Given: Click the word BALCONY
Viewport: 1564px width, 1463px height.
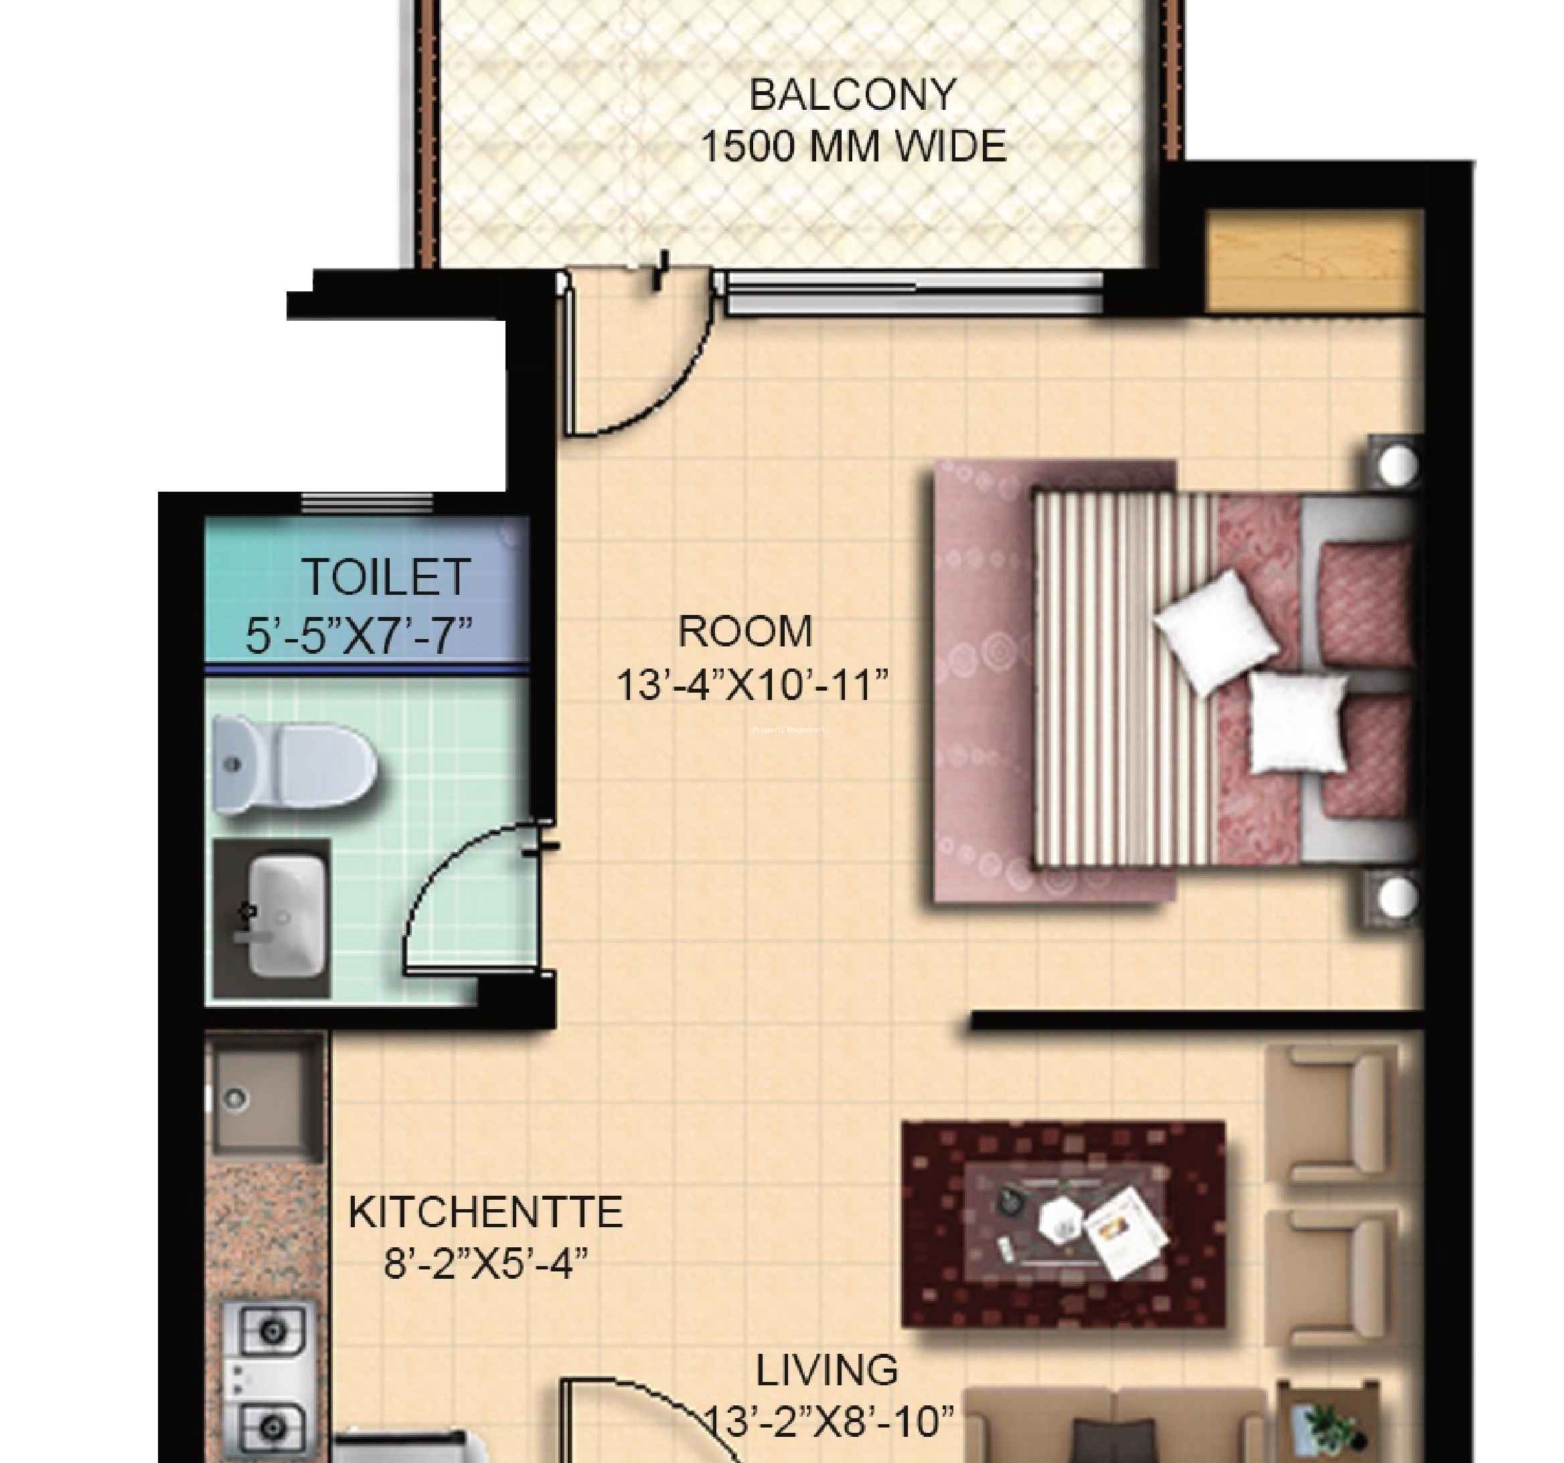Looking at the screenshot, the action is click(x=852, y=95).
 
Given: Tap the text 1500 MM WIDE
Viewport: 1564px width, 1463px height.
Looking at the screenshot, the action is click(x=854, y=147).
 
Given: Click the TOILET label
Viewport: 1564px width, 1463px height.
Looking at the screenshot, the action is click(x=386, y=577).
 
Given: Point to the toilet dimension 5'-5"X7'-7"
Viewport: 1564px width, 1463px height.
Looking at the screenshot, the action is click(x=359, y=636).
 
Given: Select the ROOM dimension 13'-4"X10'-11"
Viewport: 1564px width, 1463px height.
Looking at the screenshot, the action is click(x=753, y=685).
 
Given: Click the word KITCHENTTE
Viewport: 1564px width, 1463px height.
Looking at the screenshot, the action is click(x=485, y=1212).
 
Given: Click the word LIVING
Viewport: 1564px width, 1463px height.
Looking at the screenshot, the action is click(x=827, y=1370).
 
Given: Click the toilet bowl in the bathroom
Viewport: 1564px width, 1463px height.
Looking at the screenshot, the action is click(x=293, y=764).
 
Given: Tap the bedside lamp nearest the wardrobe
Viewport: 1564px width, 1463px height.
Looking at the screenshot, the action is click(x=1397, y=465).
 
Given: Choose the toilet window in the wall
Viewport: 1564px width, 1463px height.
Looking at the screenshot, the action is click(x=368, y=502).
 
